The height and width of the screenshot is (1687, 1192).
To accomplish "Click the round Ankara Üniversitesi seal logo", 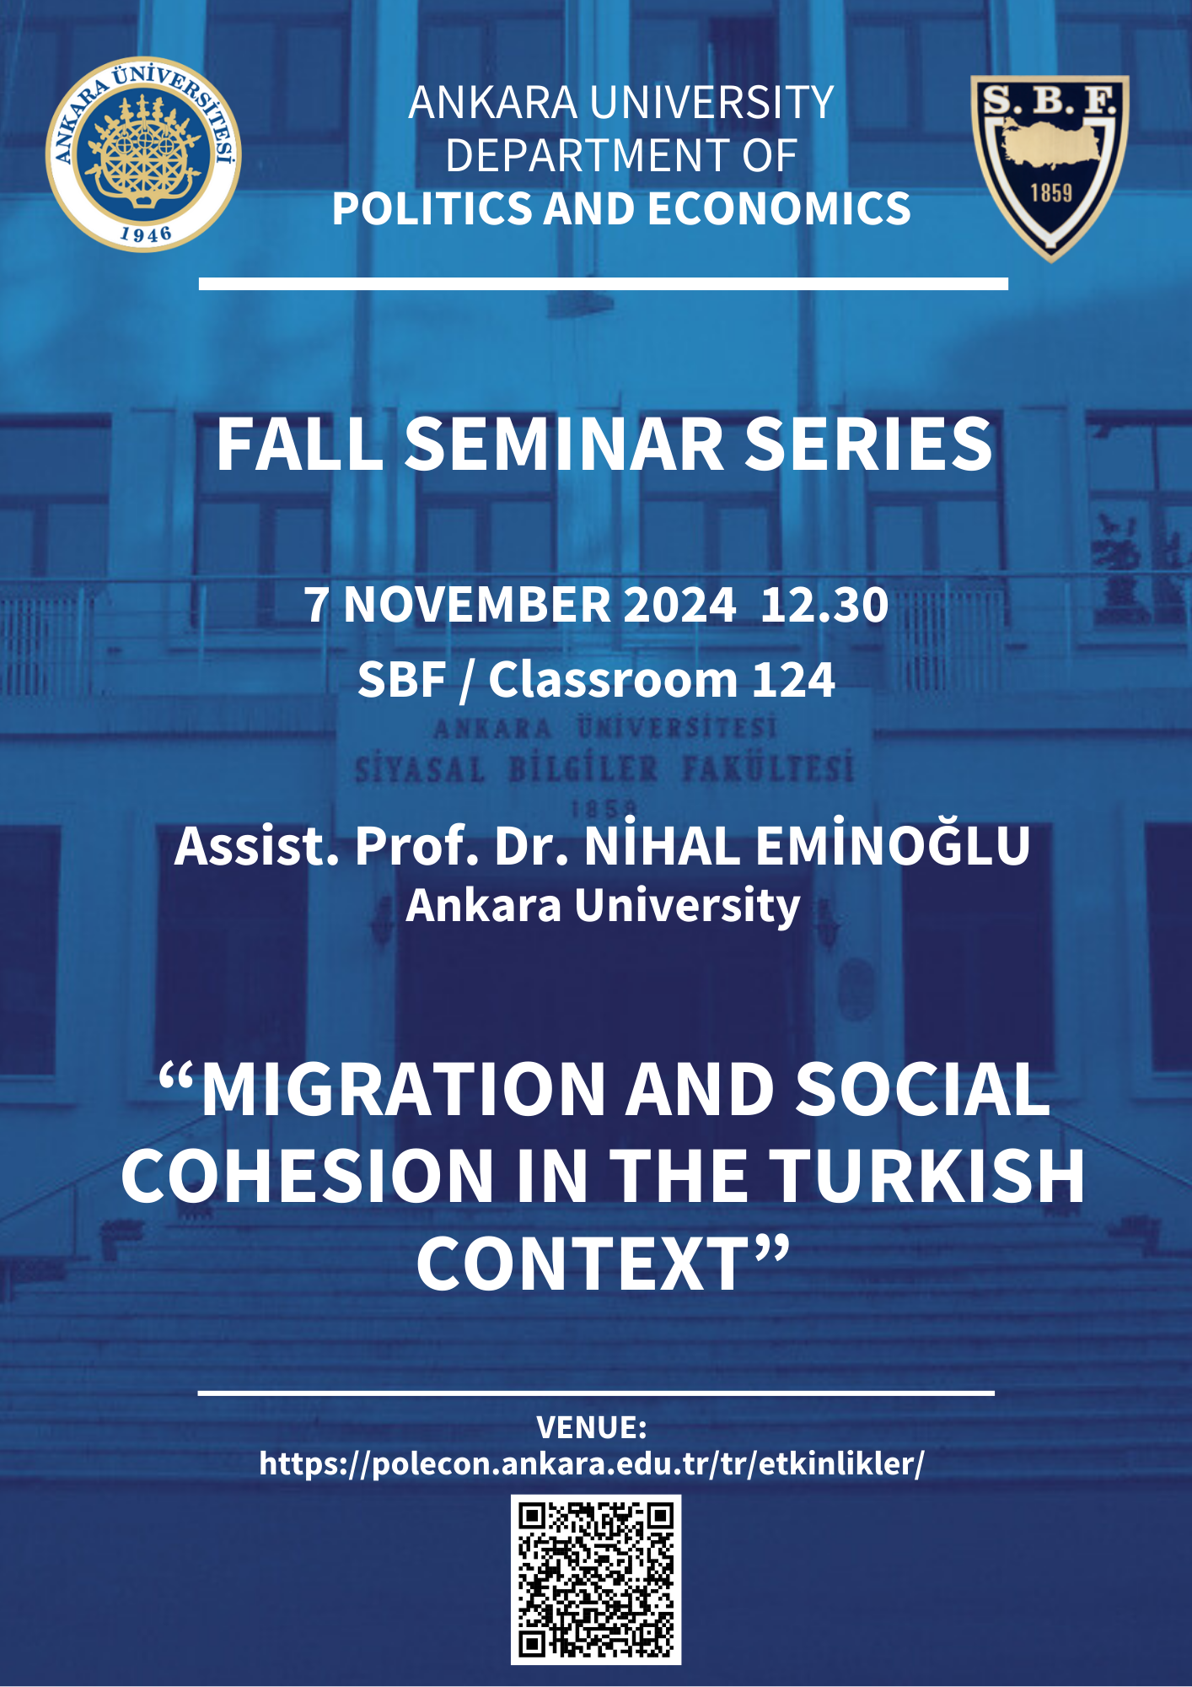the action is (x=143, y=154).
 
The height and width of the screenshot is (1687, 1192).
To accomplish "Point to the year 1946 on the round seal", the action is (x=146, y=233).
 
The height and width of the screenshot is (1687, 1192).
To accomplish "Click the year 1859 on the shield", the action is (x=1050, y=193).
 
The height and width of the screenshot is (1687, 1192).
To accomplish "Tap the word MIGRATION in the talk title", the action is (x=404, y=1089).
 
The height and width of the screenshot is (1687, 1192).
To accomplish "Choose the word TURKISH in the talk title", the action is (x=927, y=1176).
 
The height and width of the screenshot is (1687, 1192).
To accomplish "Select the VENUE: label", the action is (x=592, y=1427).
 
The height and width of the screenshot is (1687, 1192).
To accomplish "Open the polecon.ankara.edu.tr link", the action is (x=592, y=1463).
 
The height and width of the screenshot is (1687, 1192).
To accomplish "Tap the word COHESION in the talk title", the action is (x=308, y=1176).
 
